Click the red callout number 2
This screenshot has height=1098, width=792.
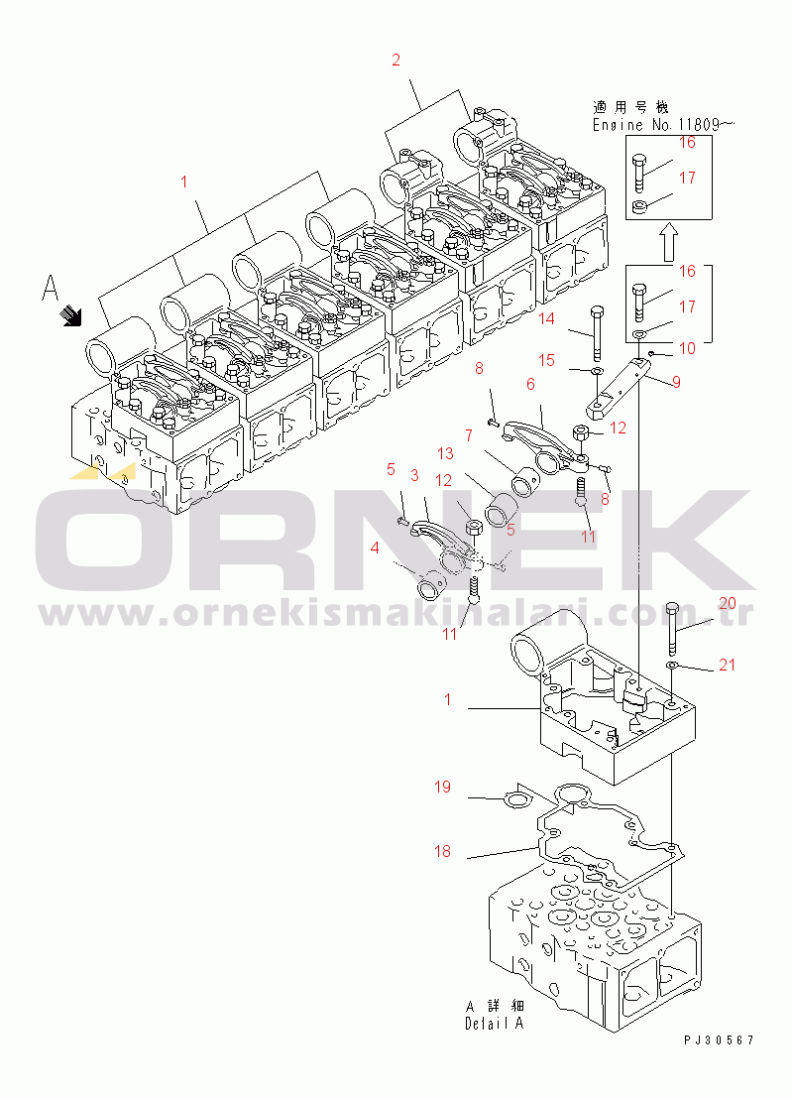(x=396, y=61)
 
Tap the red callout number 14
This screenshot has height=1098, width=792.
(x=546, y=318)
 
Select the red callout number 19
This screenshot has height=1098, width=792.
(x=442, y=788)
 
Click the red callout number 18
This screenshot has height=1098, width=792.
(x=442, y=851)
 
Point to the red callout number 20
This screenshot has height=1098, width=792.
(x=728, y=604)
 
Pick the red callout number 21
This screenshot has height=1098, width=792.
(x=728, y=665)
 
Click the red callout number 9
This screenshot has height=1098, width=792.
(x=676, y=382)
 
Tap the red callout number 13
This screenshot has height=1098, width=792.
(x=446, y=453)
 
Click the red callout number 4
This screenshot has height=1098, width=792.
(x=375, y=548)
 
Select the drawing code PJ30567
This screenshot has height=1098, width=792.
(x=720, y=1040)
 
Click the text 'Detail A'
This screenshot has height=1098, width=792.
(x=494, y=1023)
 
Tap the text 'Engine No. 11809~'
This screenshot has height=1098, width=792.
(x=663, y=125)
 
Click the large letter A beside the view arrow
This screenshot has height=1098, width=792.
(x=50, y=288)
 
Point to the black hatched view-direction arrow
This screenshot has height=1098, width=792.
(x=71, y=315)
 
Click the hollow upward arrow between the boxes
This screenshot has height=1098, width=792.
(x=669, y=242)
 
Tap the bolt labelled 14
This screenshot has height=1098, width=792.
(x=597, y=333)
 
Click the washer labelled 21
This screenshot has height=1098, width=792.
(x=671, y=664)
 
